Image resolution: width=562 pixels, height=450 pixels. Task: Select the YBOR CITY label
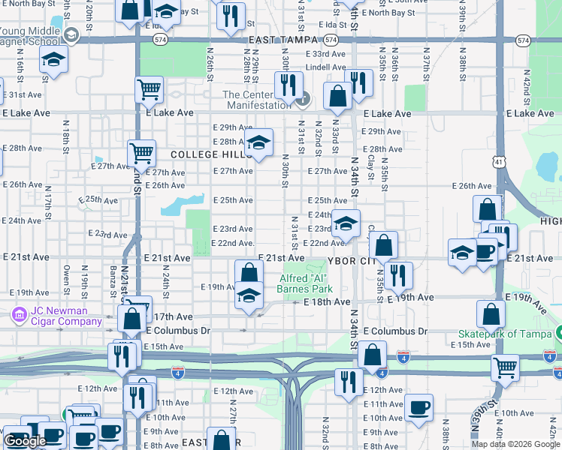349,261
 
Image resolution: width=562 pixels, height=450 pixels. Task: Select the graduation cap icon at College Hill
258,142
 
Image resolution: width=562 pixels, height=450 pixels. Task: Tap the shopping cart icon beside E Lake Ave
149,89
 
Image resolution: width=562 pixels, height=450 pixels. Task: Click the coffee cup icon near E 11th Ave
419,407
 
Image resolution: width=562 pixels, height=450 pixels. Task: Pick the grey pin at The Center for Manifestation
302,98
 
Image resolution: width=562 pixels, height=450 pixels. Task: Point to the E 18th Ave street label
327,301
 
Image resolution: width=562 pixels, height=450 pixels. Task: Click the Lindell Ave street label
325,67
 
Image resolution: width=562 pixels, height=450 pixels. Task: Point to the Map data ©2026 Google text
515,444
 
